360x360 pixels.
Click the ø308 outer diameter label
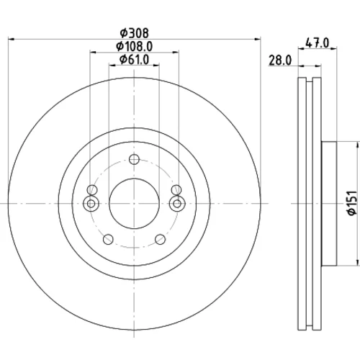point(134,33)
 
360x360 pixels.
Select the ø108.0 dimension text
point(134,46)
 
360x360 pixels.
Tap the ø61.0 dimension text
point(134,60)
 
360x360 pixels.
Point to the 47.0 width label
point(317,43)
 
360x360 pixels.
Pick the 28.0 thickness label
point(280,60)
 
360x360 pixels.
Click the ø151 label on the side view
point(352,203)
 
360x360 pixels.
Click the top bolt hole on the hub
point(134,159)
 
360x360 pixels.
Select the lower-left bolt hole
point(108,239)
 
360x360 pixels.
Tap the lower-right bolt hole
point(161,239)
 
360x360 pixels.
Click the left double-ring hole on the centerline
point(91,204)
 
